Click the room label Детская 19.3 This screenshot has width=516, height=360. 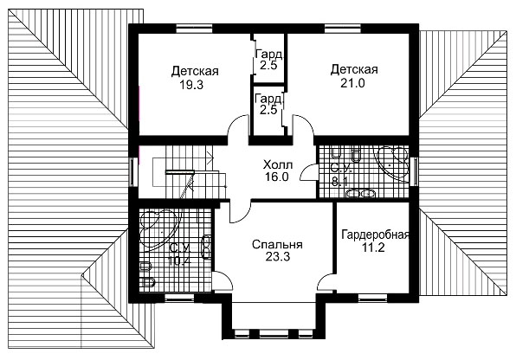[x=195, y=78]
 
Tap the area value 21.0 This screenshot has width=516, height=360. [x=352, y=83]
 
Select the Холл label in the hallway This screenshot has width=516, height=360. [x=278, y=164]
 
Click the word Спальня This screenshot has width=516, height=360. [x=277, y=245]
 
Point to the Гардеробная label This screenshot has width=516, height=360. [x=376, y=235]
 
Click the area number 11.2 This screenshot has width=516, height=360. [x=373, y=247]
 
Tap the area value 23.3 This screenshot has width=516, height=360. [x=278, y=257]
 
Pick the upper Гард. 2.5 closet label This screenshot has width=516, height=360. [x=268, y=60]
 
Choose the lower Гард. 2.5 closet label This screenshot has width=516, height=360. [x=268, y=104]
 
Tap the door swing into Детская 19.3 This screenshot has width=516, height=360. [x=237, y=125]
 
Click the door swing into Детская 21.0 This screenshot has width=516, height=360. [x=303, y=125]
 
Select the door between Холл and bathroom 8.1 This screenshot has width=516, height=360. [x=309, y=172]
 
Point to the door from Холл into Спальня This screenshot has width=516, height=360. [x=240, y=212]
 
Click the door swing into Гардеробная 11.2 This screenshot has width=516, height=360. [x=326, y=281]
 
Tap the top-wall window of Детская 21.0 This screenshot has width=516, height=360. [x=343, y=29]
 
